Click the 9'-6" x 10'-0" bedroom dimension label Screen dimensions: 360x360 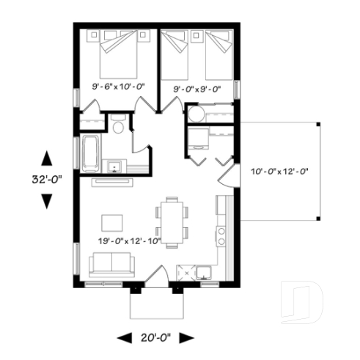(118, 87)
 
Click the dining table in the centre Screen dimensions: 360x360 (172, 222)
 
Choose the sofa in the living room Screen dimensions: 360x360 (111, 262)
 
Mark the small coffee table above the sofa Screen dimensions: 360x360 (113, 222)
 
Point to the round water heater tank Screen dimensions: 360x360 (196, 116)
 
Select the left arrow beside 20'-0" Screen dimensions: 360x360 (122, 338)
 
